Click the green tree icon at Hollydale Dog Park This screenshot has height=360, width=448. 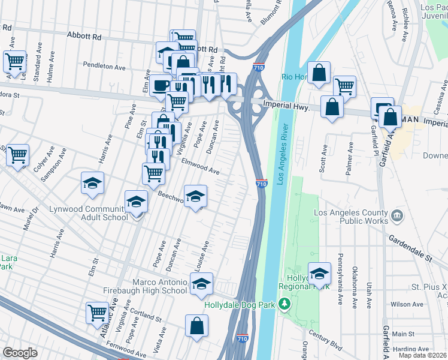tap(285, 305)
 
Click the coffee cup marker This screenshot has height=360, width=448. tap(160, 85)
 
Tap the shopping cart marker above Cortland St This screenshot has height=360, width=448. tap(97, 311)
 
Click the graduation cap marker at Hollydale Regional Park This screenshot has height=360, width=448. tap(319, 273)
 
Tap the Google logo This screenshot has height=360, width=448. tap(20, 353)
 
